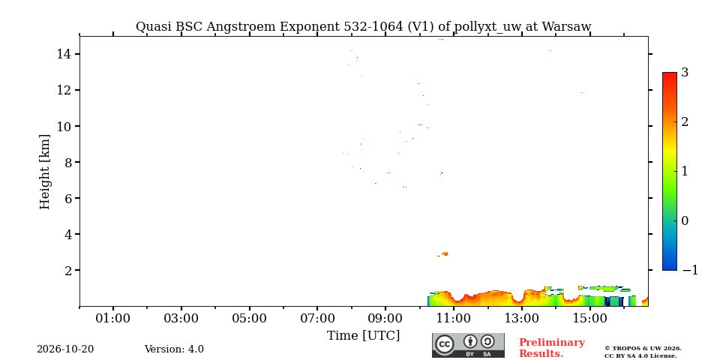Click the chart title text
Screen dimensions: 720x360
(x=363, y=27)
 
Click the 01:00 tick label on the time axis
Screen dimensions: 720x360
(x=113, y=318)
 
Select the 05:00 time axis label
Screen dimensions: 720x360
(x=249, y=318)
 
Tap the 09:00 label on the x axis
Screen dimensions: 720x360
(x=385, y=318)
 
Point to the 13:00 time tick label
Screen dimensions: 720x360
(x=522, y=318)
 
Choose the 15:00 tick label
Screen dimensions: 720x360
(x=590, y=318)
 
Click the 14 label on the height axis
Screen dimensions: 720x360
(x=63, y=54)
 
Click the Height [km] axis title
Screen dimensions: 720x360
(x=44, y=172)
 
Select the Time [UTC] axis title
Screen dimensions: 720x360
(x=363, y=336)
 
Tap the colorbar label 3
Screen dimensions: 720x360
(x=685, y=73)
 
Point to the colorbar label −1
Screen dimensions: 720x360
(x=690, y=270)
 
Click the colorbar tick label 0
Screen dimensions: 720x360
(x=685, y=220)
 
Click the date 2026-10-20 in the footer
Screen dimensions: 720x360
(x=65, y=349)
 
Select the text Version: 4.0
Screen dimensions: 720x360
(x=174, y=349)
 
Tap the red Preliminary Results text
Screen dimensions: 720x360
(x=552, y=348)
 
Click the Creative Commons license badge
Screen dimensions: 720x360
(x=468, y=345)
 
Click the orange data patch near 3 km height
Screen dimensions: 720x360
(x=445, y=253)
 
